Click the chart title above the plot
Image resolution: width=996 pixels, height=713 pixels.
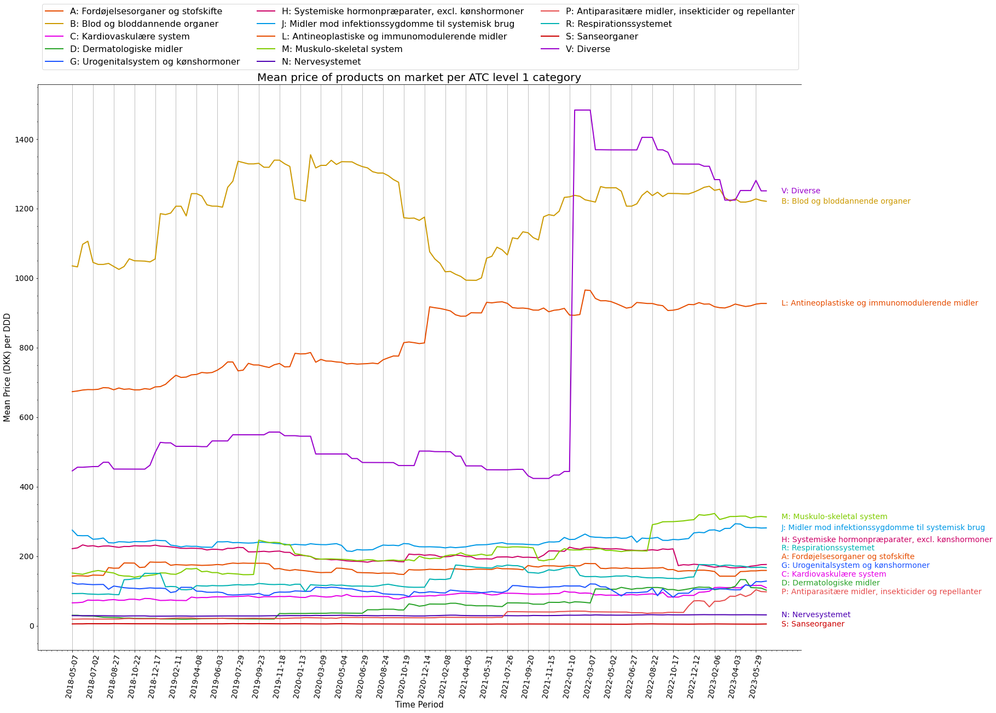coord(419,78)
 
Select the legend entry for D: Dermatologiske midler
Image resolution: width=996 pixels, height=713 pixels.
coord(126,49)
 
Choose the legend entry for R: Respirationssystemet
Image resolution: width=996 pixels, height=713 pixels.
coord(619,24)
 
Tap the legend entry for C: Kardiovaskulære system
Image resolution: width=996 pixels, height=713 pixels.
coord(130,37)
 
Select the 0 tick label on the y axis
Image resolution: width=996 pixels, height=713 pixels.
coord(31,626)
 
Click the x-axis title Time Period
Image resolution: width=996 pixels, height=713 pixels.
coord(419,705)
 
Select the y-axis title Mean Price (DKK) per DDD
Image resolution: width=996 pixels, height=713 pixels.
coord(7,367)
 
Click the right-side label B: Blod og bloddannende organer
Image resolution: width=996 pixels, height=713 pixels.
coord(846,202)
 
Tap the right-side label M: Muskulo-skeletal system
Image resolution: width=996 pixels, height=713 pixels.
coord(834,517)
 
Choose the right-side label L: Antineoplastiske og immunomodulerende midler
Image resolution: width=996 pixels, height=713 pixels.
coord(879,303)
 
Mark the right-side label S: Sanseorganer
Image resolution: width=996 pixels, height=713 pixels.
coord(813,624)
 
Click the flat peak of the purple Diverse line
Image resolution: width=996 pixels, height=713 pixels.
coord(582,110)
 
